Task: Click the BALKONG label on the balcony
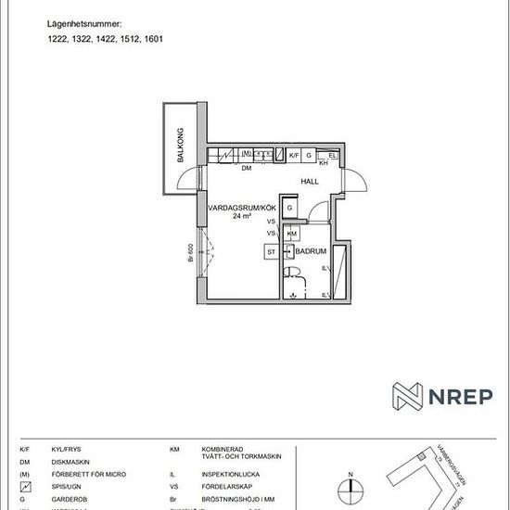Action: coord(182,147)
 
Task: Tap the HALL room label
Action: coord(310,182)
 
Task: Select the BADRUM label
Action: coord(311,250)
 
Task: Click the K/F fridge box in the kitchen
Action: coord(294,155)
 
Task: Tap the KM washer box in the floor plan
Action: coord(292,233)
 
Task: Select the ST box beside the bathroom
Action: coord(272,251)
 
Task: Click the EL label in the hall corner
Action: coord(332,155)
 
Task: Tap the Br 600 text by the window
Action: coord(188,253)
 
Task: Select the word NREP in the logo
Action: coord(461,396)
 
